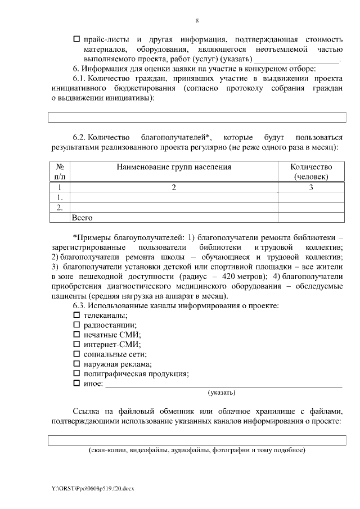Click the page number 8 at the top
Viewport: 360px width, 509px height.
coord(197,21)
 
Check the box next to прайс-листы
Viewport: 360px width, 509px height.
coord(77,39)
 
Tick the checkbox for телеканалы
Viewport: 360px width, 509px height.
coord(77,316)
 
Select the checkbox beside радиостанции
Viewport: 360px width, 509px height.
coord(77,326)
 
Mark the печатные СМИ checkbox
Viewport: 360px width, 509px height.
coord(77,335)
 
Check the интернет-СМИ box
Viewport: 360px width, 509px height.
coord(77,345)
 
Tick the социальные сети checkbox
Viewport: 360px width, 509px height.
coord(77,354)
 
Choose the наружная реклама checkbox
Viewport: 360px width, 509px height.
coord(77,364)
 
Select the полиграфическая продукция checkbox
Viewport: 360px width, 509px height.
coord(77,373)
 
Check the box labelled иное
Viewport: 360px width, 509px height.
coord(77,384)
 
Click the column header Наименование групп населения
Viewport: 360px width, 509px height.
coord(174,167)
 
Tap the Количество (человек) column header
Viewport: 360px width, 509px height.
coord(311,172)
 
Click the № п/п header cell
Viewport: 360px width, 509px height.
coord(60,172)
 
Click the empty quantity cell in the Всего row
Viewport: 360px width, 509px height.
coord(311,217)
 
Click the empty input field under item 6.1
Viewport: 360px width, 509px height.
coord(197,117)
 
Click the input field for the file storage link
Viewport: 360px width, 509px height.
coord(197,440)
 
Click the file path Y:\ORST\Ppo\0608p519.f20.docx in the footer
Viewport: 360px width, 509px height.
coord(93,488)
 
